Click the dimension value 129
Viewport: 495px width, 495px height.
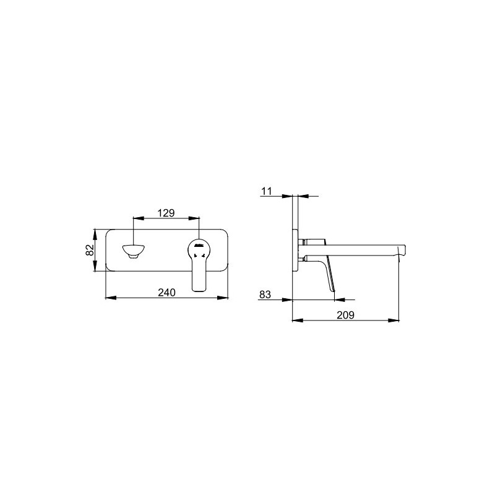[x=166, y=213]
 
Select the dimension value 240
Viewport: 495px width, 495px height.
[x=166, y=293]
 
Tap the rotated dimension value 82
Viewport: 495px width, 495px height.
[x=90, y=250]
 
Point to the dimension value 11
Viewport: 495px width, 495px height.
[x=267, y=191]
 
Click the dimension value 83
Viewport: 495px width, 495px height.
[x=265, y=295]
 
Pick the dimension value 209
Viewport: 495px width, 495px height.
[x=345, y=315]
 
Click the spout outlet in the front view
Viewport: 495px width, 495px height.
[x=133, y=251]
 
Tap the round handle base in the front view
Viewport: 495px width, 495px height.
[x=199, y=249]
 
